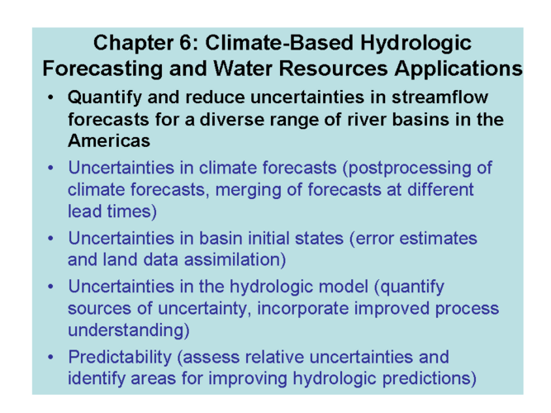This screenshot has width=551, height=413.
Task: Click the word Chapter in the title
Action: pos(133,43)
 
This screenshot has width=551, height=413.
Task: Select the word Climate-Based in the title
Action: pos(279,43)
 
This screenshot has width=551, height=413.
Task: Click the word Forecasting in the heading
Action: pos(102,69)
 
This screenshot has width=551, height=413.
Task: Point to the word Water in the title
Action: pos(243,69)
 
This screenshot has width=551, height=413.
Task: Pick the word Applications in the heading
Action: pos(458,69)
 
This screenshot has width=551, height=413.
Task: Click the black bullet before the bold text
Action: pos(51,97)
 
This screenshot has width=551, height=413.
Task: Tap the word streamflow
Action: pos(440,97)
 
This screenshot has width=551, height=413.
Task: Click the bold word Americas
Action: pos(109,140)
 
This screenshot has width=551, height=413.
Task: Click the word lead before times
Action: pos(84,211)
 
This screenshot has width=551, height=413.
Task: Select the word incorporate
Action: pos(303,309)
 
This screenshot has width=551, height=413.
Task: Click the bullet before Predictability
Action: pos(51,357)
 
